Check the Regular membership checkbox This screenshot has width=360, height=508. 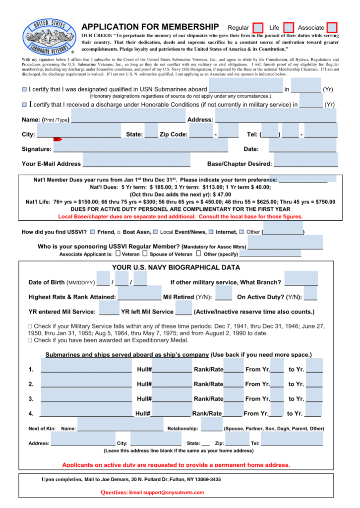pos(258,27)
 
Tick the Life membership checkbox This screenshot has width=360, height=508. pos(288,27)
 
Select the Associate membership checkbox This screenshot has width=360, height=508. pos(332,27)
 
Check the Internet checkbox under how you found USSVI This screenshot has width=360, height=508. pos(211,232)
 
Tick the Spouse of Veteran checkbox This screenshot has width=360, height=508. pos(145,254)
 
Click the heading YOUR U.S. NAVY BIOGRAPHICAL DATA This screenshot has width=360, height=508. pos(176,267)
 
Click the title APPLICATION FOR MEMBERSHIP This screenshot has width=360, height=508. pos(150,27)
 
